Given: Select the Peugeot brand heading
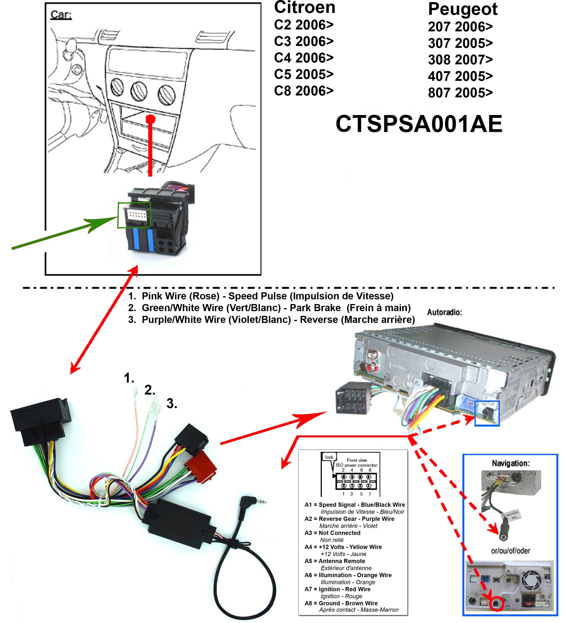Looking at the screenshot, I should coord(462,9).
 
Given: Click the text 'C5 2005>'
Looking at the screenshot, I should coord(303,74).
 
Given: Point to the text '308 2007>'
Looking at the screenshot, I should coord(460,60).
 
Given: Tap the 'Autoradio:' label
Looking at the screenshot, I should coord(444,312).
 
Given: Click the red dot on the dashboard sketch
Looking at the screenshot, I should coord(150,118).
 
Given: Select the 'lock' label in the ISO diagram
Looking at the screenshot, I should coord(329,457).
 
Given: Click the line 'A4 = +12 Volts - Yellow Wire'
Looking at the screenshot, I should coord(343,547).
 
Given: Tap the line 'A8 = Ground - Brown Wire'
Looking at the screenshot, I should coord(341,603).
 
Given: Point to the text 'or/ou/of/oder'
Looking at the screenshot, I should coord(510,551).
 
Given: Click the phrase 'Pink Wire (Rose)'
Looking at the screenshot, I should coord(180,296).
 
